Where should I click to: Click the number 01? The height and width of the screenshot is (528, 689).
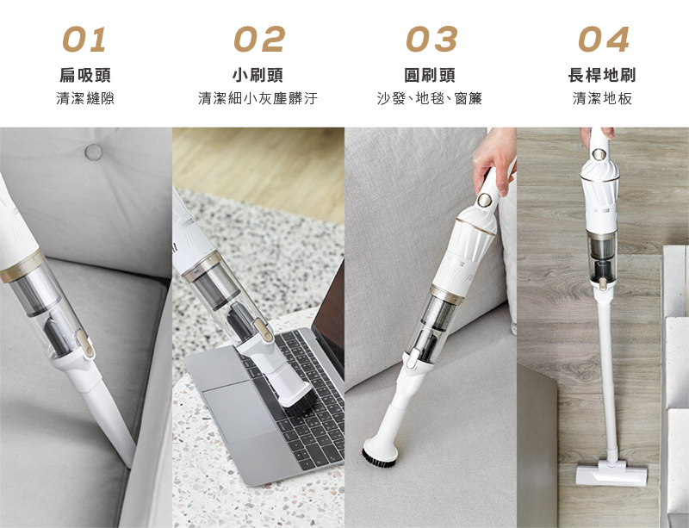(x=84, y=39)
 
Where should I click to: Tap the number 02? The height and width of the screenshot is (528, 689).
(x=259, y=39)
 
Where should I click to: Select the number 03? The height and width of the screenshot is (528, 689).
(x=431, y=39)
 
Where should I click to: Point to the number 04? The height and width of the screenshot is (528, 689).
(x=604, y=39)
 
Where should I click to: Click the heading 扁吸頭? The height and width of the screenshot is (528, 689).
(x=84, y=75)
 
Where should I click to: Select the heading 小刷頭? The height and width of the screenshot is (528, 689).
(x=258, y=75)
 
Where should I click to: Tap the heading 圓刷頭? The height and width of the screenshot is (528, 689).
(x=430, y=75)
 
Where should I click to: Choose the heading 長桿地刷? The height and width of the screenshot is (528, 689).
(x=602, y=75)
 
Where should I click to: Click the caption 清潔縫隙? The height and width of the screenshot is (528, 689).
(x=84, y=98)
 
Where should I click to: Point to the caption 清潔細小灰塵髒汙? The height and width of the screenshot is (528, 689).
(x=258, y=98)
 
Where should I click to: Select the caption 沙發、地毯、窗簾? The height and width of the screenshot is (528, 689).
(x=429, y=98)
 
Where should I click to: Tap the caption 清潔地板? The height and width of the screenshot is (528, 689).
(x=602, y=98)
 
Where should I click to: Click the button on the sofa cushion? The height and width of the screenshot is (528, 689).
(x=93, y=152)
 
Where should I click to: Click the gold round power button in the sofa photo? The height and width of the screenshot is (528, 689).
(x=485, y=200)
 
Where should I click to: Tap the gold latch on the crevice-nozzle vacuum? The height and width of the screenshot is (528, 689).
(x=84, y=344)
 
